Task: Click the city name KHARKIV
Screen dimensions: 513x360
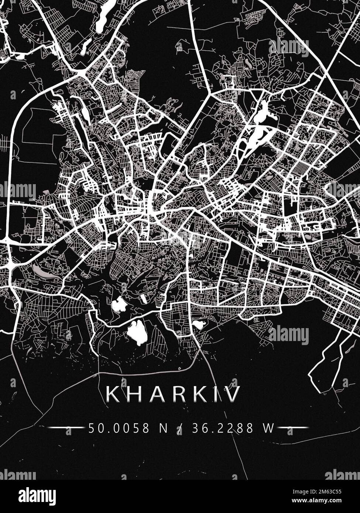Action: (x=173, y=394)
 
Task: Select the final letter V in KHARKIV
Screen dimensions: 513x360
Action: (x=233, y=394)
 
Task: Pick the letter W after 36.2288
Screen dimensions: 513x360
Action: (x=268, y=428)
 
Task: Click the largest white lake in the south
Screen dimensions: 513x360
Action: (x=137, y=332)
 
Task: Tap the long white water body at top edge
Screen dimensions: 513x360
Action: (x=105, y=17)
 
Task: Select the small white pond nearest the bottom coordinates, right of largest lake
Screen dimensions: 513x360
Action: (x=199, y=325)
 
